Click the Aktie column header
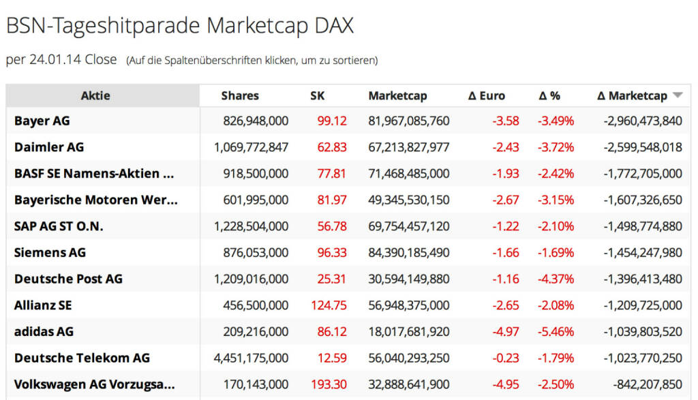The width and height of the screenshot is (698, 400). (x=95, y=96)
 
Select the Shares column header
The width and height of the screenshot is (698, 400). (x=240, y=96)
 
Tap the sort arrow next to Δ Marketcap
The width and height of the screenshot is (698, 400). (x=677, y=96)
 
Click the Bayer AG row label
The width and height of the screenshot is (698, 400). (x=42, y=121)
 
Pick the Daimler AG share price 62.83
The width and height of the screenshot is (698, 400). (x=332, y=147)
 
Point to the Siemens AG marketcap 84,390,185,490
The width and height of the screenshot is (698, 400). (x=408, y=253)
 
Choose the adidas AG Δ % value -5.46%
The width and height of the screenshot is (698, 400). (x=556, y=332)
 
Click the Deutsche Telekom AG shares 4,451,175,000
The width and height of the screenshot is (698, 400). (x=251, y=358)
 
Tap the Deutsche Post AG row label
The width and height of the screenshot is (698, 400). (x=68, y=279)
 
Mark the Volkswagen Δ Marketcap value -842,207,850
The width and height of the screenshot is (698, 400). (x=643, y=384)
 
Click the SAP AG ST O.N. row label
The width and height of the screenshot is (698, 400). (x=59, y=226)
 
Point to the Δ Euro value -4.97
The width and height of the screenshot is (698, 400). (x=505, y=332)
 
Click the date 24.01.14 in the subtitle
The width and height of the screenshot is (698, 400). (x=55, y=60)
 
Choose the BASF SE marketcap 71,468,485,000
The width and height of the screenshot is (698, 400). (x=408, y=174)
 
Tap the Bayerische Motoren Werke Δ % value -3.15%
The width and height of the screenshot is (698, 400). (x=556, y=200)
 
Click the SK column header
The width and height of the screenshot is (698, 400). (x=318, y=96)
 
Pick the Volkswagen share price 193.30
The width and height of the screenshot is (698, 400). (x=329, y=384)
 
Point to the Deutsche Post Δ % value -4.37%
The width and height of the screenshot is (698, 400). (x=556, y=279)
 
